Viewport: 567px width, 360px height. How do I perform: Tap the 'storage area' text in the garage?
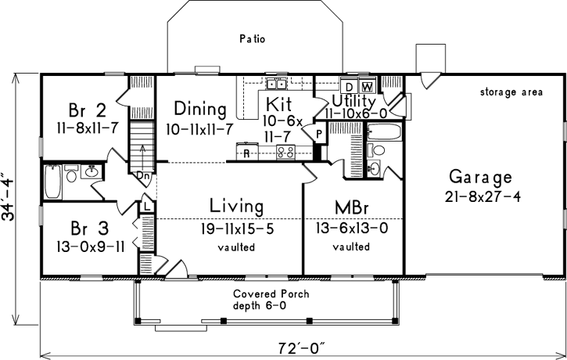point(511,92)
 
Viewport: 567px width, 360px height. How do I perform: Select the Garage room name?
point(480,176)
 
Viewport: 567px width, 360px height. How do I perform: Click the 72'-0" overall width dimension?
point(301,344)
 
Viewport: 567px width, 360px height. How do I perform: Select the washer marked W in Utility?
point(368,85)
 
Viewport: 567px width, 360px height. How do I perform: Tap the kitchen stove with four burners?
point(285,153)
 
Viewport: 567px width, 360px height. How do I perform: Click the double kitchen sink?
point(276,84)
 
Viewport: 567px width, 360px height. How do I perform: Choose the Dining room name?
point(200,109)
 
